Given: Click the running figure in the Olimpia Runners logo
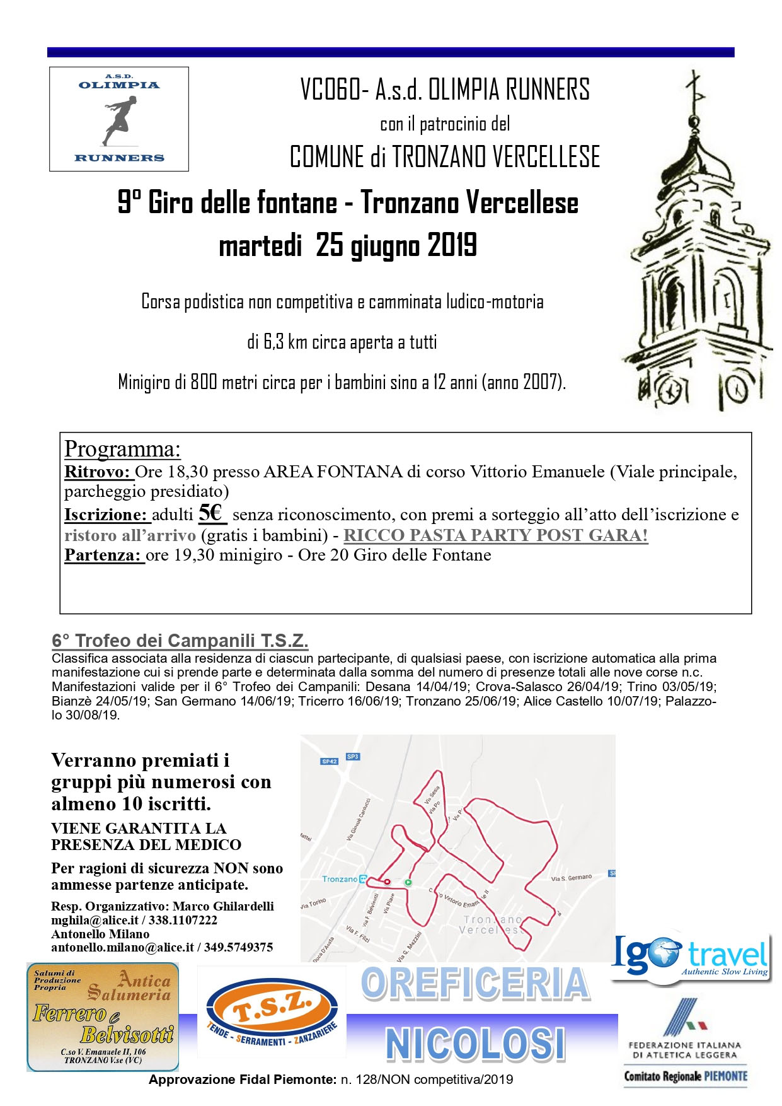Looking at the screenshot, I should point(119,120).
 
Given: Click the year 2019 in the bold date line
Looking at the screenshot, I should point(451,245).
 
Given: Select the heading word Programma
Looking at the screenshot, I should point(122,449).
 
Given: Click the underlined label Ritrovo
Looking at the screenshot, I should point(98,472).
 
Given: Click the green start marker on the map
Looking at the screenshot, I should point(408,882).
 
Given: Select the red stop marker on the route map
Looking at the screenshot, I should point(387,882).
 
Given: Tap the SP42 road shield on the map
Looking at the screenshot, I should point(330,761).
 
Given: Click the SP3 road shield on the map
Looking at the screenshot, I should point(352,756).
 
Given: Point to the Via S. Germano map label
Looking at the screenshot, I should point(572,877).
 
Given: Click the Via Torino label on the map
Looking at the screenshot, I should point(313,903).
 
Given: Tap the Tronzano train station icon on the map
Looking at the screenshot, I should point(363,879).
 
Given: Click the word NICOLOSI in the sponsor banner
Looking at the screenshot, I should point(474,1044).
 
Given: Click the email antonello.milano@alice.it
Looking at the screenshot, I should point(122,947).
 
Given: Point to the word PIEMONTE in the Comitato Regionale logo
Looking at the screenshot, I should point(725,1076).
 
